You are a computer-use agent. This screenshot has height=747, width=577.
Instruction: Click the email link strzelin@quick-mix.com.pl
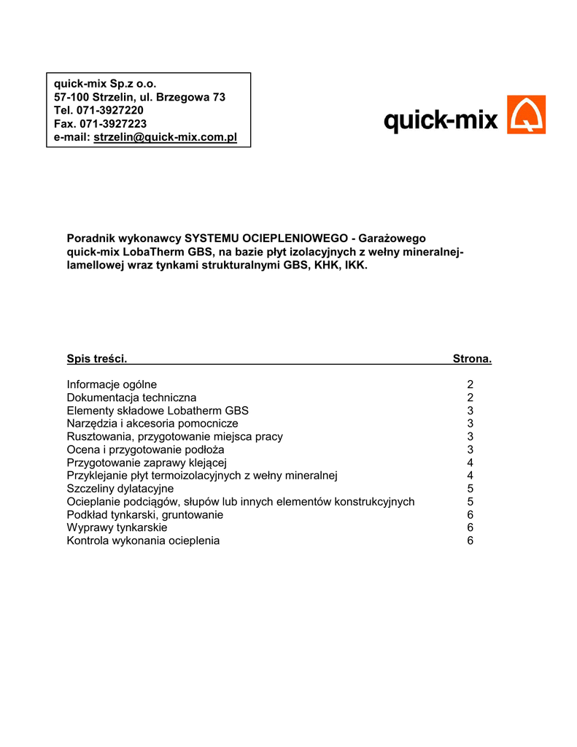(x=166, y=137)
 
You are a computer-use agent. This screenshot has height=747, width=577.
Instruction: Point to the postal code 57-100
(x=72, y=97)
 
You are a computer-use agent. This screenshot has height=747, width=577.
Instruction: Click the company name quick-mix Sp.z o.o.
(x=105, y=84)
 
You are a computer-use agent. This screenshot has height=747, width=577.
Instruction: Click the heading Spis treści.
(x=97, y=358)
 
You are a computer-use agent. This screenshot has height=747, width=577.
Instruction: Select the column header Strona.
(x=472, y=358)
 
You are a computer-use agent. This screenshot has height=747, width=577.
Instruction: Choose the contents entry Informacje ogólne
(x=112, y=384)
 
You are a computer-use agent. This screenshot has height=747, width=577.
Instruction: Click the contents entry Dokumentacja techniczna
(x=131, y=398)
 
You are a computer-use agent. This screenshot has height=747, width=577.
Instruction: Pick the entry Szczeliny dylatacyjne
(x=120, y=489)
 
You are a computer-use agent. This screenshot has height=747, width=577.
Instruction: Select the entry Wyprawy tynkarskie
(x=117, y=527)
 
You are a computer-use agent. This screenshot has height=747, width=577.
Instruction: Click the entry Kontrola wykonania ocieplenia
(x=143, y=541)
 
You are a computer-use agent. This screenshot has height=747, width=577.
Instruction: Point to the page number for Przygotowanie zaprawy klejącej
(x=470, y=462)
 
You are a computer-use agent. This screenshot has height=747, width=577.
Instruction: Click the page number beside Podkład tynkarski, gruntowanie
(x=470, y=515)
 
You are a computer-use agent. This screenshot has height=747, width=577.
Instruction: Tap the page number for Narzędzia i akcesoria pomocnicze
(x=470, y=424)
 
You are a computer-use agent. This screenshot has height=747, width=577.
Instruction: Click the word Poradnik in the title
(x=89, y=239)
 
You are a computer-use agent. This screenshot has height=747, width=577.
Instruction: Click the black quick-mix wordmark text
(x=441, y=120)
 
